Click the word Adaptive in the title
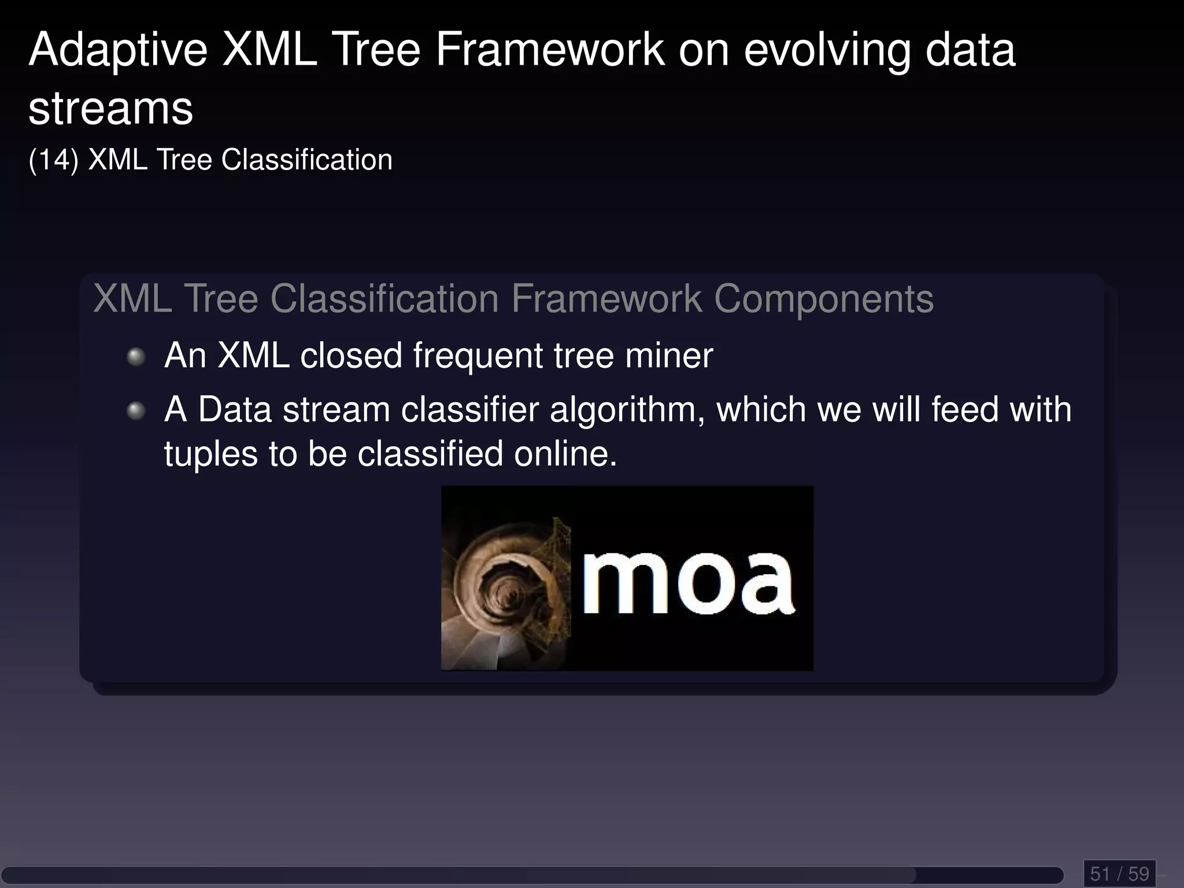118,51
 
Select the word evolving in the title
827,51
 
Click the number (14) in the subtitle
53,160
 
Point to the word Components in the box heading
823,299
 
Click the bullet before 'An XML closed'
136,356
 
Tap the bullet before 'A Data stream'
136,410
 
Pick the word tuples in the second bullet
211,454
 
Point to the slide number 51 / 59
1119,874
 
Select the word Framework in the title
550,51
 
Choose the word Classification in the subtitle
307,160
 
